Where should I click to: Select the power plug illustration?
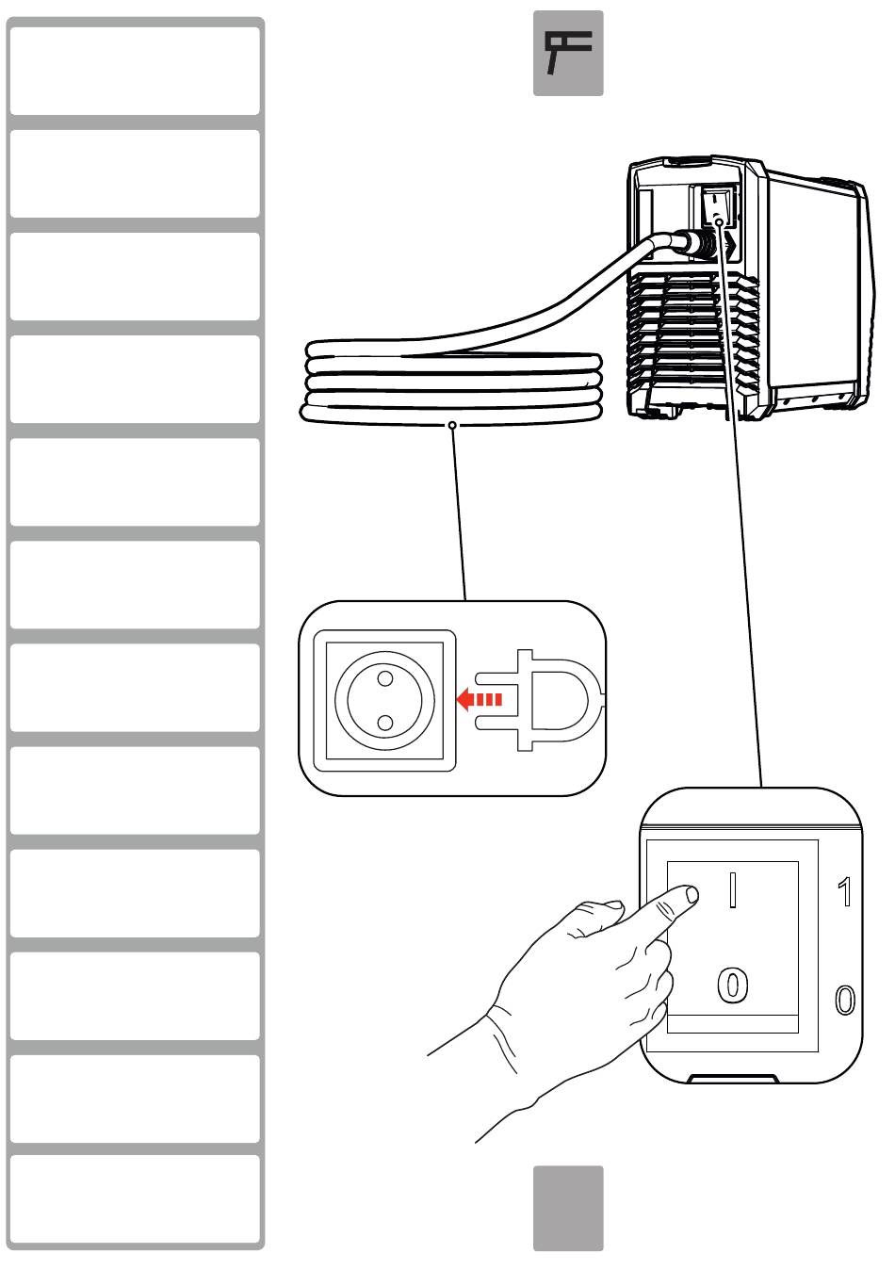coord(537,700)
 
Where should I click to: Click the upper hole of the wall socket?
coord(384,676)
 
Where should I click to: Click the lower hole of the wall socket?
coord(384,723)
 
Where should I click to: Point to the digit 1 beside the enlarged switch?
coord(845,892)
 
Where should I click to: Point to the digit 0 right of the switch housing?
coord(845,1000)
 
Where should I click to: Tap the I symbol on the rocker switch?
coord(733,889)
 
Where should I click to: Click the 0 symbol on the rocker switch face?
coord(733,985)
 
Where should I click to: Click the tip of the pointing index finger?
coord(690,895)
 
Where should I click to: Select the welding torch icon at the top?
coord(568,54)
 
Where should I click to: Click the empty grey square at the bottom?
coord(568,1209)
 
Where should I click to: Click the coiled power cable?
coord(452,386)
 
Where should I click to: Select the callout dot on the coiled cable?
coord(454,426)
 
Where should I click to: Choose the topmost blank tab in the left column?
coord(135,71)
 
